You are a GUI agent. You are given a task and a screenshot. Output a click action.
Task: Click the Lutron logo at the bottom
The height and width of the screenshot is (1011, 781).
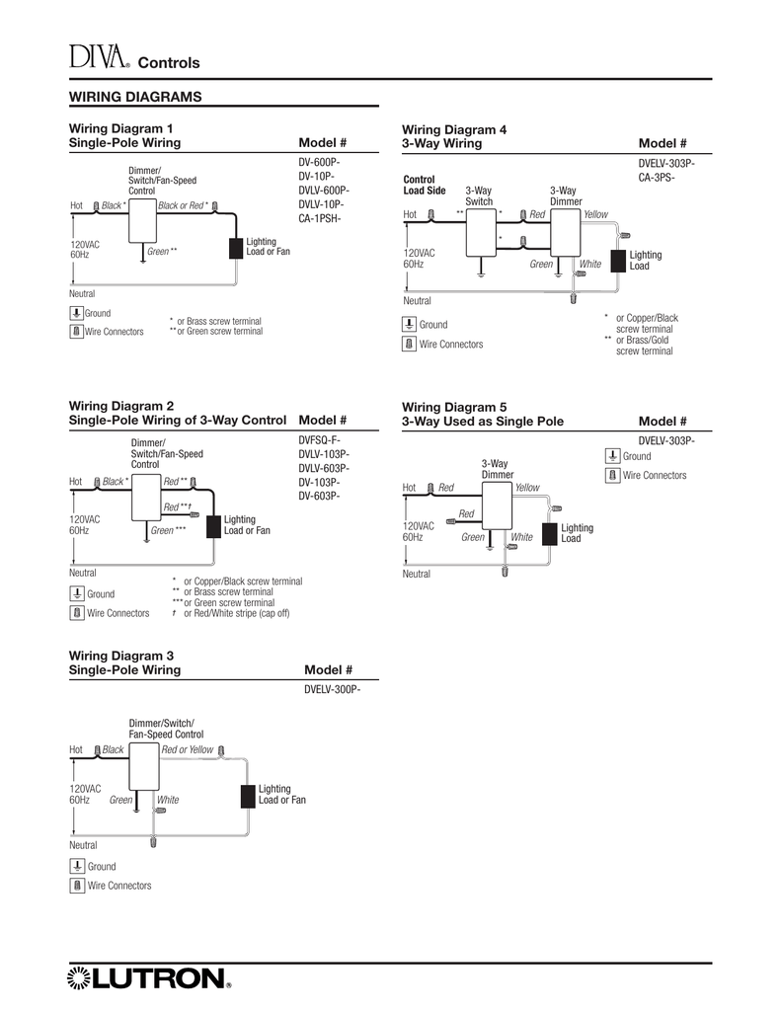[149, 978]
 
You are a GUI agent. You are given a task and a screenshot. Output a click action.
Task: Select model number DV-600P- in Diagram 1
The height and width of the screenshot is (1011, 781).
[319, 162]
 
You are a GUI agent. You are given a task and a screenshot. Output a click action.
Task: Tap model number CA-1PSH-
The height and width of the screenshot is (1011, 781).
[320, 218]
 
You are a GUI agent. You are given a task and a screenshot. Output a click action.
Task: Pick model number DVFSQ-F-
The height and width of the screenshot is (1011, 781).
[319, 440]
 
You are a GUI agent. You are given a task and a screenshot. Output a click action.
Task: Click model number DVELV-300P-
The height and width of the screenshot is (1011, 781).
[332, 689]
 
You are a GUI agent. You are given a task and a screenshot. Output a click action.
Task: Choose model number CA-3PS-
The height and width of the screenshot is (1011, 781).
[657, 178]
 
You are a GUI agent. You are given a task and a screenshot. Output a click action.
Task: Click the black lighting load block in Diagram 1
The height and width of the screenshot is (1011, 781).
[236, 248]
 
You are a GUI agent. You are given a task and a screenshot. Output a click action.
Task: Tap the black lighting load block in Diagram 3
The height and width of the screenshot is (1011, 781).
[248, 797]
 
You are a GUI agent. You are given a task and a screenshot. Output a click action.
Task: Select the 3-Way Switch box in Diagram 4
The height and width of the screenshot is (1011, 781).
[481, 232]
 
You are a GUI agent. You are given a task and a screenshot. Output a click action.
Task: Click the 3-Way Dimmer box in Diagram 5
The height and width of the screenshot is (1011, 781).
[498, 505]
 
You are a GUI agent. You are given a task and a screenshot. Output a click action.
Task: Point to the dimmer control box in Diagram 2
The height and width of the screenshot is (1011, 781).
[146, 498]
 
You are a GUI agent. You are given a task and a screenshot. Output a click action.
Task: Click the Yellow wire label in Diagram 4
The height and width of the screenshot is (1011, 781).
[596, 214]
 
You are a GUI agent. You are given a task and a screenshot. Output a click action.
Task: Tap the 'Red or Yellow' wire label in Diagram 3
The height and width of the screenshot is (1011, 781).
[187, 750]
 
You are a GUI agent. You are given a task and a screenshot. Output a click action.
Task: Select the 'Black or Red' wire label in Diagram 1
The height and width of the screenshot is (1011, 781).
[184, 205]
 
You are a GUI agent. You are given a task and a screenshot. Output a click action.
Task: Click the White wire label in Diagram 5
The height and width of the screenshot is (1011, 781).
[521, 537]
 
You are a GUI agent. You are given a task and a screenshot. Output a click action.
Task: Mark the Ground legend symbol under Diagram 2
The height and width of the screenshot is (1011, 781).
[77, 593]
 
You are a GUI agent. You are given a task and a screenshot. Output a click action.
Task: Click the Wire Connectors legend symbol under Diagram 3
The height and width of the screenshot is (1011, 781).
[77, 886]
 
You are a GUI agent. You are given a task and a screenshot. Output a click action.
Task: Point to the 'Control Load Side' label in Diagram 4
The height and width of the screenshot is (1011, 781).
[425, 185]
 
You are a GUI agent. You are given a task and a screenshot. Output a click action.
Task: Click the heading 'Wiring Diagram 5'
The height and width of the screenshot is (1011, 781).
[454, 408]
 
